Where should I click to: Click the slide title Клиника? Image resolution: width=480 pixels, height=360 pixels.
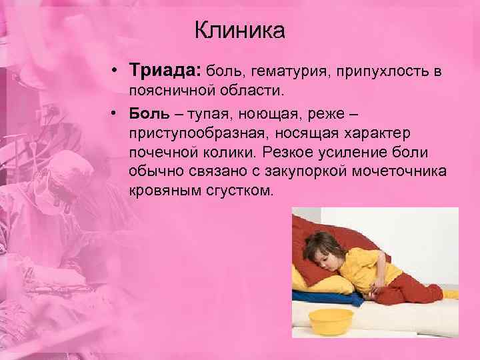click(239, 30)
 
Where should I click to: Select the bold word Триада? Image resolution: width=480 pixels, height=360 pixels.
click(165, 69)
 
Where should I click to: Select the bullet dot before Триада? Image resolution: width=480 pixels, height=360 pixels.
click(116, 70)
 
